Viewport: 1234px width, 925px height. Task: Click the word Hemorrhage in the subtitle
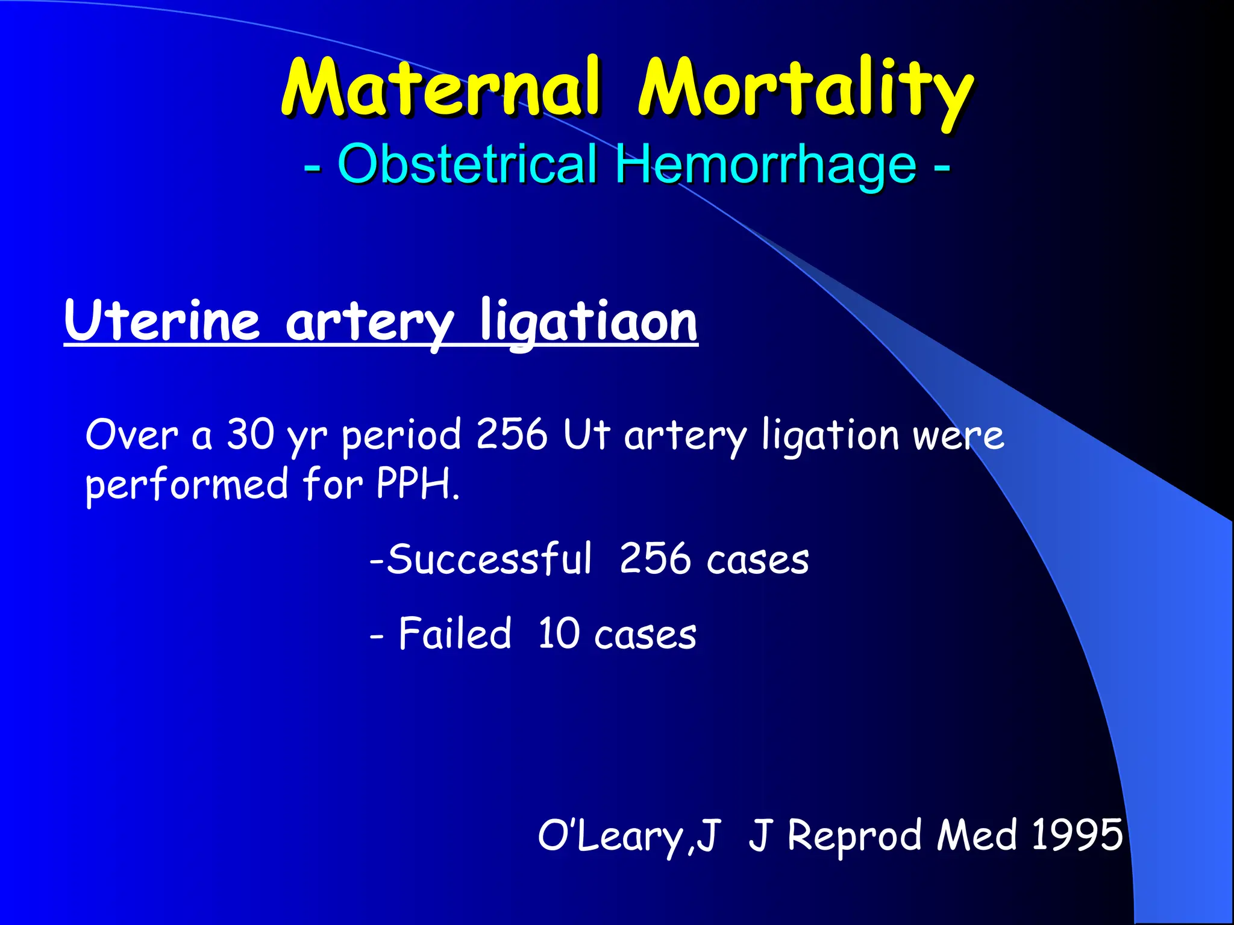pos(765,165)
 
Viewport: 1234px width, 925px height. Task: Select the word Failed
pos(455,634)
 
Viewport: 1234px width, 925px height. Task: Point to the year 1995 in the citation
pos(1077,835)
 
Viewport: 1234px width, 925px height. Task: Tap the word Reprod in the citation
pos(855,836)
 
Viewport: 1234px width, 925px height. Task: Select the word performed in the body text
pos(187,485)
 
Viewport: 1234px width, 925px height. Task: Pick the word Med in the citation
pos(977,835)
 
